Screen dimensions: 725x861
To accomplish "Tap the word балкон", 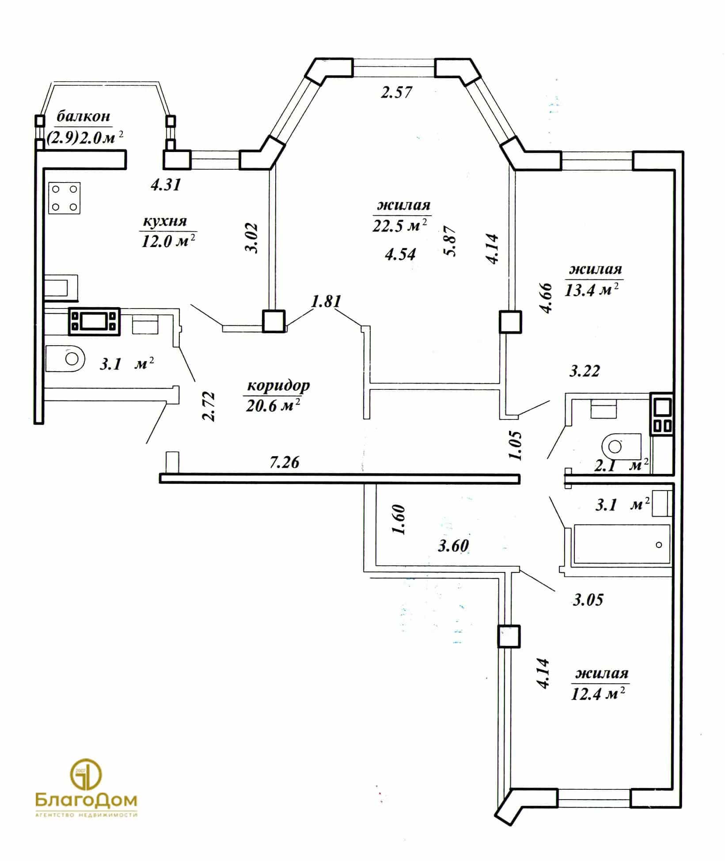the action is (83, 116).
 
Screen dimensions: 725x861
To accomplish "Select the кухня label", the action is (164, 221).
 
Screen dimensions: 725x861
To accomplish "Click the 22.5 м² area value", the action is (400, 226).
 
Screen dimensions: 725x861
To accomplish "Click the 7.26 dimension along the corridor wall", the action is (285, 462).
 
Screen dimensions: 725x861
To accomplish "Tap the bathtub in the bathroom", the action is (622, 544).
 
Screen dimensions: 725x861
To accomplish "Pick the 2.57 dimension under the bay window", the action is (397, 92).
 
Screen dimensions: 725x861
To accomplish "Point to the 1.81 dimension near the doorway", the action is (326, 302).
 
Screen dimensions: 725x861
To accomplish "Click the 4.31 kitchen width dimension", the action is (166, 184).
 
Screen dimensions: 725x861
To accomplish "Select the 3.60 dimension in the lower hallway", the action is (453, 546).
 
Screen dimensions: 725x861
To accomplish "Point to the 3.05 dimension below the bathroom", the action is (588, 600).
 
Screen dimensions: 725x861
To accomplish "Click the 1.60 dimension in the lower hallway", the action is (399, 519).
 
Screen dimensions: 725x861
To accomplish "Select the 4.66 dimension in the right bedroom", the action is (547, 298).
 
